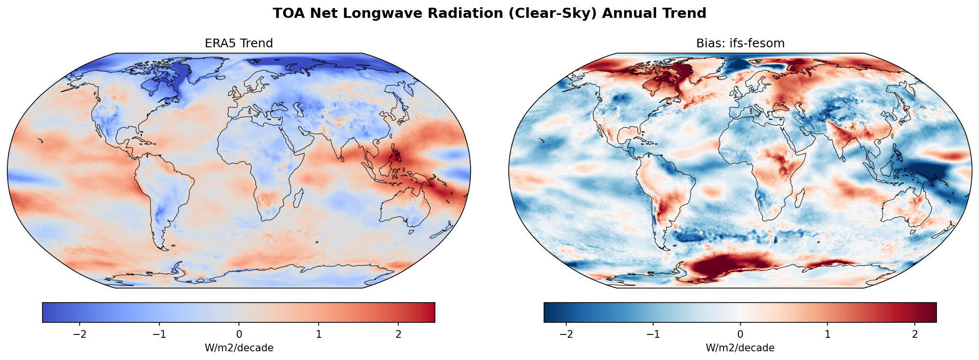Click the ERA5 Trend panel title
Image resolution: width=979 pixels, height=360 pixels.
pyautogui.click(x=239, y=43)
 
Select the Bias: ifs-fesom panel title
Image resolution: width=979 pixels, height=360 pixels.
pyautogui.click(x=740, y=43)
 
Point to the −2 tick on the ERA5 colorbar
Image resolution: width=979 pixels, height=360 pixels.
pyautogui.click(x=80, y=335)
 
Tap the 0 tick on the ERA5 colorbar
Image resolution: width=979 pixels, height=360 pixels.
pyautogui.click(x=239, y=335)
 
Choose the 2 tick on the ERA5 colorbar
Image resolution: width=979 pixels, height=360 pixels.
pyautogui.click(x=398, y=335)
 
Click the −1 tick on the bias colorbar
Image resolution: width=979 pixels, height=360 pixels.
pyautogui.click(x=653, y=335)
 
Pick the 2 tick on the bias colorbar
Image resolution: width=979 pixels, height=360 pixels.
pyautogui.click(x=914, y=335)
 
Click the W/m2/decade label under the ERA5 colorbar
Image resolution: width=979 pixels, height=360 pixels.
pyautogui.click(x=239, y=348)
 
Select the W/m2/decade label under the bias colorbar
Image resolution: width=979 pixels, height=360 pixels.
pyautogui.click(x=740, y=348)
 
